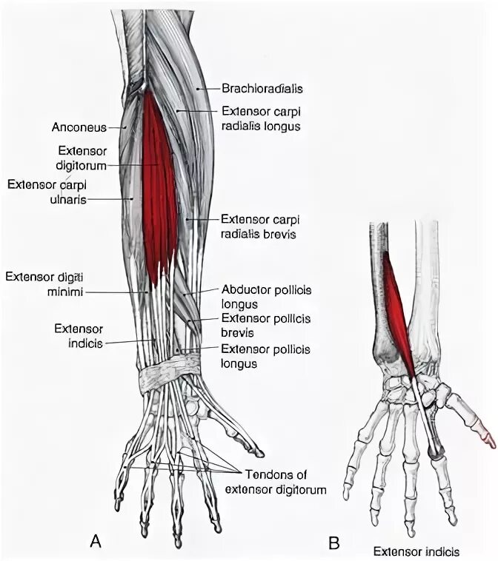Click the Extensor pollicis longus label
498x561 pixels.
tap(265, 356)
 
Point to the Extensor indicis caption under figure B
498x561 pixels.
tap(416, 551)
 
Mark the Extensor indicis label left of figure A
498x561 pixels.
tap(77, 334)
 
